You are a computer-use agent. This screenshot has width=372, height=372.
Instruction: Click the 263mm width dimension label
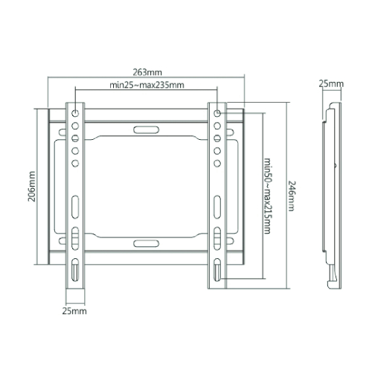click(x=147, y=72)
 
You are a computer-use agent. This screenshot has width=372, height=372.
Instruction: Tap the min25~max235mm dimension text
click(x=147, y=85)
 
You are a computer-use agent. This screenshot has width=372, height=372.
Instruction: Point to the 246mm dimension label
click(x=292, y=196)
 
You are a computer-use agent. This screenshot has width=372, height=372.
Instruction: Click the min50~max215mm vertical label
click(x=267, y=196)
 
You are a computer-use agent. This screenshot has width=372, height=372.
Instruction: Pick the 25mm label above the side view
click(x=331, y=84)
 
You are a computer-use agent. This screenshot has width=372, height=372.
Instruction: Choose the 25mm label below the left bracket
click(x=74, y=311)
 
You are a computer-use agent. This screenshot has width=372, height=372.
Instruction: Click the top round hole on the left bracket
click(x=75, y=113)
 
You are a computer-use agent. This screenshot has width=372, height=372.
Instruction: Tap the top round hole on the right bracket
click(x=217, y=113)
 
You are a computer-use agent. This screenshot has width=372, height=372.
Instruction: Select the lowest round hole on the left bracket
click(x=75, y=163)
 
